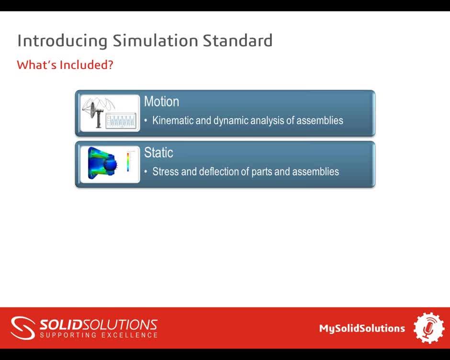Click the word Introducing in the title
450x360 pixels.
pos(62,41)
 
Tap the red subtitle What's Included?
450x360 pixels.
pos(65,65)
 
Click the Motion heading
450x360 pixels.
pos(161,101)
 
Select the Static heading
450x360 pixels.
pos(158,153)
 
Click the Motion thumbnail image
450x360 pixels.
pos(110,113)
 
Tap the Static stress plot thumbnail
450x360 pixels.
pos(110,164)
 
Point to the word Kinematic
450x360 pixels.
pos(173,120)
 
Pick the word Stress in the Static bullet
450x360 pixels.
pos(165,171)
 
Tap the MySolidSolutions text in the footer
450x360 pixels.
pos(362,328)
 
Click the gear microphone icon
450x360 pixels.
pos(429,328)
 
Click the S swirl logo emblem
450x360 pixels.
pos(23,328)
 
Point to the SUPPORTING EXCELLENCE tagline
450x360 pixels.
pos(99,335)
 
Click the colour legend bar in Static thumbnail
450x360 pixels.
pos(128,162)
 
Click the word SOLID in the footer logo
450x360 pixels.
pos(60,325)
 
